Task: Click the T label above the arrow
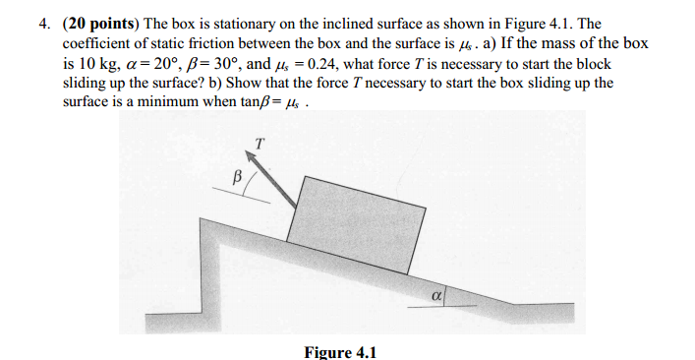pyautogui.click(x=258, y=143)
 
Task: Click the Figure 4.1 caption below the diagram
pyautogui.click(x=339, y=351)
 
